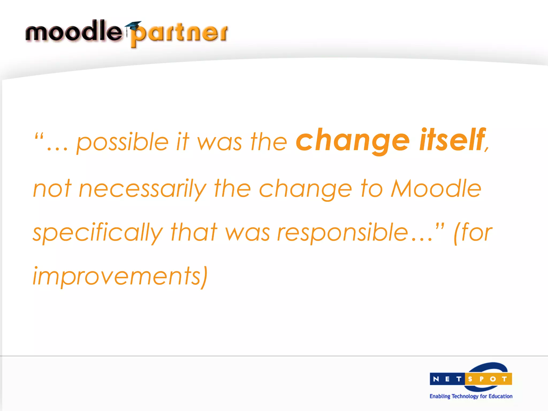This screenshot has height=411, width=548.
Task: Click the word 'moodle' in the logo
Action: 74,32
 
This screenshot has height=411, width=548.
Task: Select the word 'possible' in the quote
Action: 122,142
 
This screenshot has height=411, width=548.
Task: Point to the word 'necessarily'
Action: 143,189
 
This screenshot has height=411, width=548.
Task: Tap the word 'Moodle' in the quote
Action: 436,188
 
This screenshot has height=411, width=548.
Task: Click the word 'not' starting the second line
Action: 52,189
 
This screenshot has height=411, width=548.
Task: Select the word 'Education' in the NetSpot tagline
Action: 500,396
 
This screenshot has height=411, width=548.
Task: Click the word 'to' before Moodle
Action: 372,189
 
